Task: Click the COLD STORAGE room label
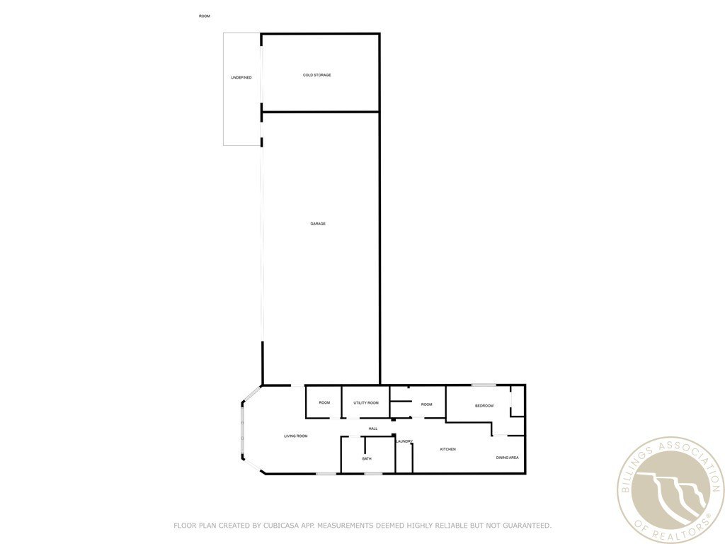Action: click(316, 75)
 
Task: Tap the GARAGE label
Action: click(318, 224)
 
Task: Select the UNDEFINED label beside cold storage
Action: click(241, 78)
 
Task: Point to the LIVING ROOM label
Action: click(295, 436)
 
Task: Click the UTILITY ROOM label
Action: click(366, 403)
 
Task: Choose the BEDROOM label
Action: click(484, 406)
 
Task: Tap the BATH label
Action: click(367, 459)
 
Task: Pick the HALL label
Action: click(373, 429)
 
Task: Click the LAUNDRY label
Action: click(404, 441)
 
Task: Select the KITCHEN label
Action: click(447, 449)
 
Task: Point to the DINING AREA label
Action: click(507, 458)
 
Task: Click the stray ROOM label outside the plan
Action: click(205, 16)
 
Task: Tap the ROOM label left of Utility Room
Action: click(324, 403)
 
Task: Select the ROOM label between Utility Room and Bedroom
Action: click(426, 404)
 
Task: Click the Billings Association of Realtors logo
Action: click(670, 490)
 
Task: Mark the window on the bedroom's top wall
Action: click(484, 385)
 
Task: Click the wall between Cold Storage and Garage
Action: click(321, 111)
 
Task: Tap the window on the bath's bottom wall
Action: click(373, 473)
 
